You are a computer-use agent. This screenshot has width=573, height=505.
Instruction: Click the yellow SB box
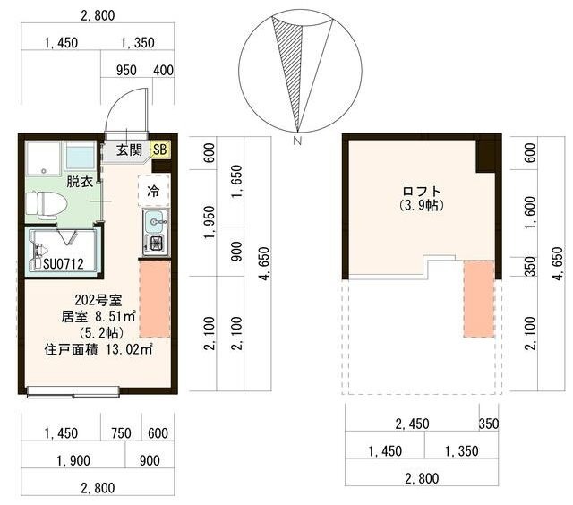pyautogui.click(x=160, y=150)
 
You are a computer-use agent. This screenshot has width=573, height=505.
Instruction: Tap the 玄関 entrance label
pyautogui.click(x=129, y=150)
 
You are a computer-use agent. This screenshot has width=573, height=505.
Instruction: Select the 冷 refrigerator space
pyautogui.click(x=154, y=191)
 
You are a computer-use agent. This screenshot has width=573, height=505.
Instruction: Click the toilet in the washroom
pyautogui.click(x=46, y=204)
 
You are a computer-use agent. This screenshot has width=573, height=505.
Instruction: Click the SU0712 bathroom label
pyautogui.click(x=64, y=263)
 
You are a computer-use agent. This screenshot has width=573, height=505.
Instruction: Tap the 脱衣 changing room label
pyautogui.click(x=79, y=181)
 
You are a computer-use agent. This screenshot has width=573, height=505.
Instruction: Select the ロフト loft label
pyautogui.click(x=422, y=191)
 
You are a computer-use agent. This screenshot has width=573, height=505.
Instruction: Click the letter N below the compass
pyautogui.click(x=297, y=141)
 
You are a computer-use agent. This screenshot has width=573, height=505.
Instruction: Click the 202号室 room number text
pyautogui.click(x=98, y=300)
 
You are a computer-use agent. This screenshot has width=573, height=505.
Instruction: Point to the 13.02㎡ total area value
pyautogui.click(x=129, y=349)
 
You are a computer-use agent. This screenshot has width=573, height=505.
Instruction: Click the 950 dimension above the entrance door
pyautogui.click(x=126, y=70)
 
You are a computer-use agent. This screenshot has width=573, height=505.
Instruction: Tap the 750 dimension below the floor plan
pyautogui.click(x=121, y=433)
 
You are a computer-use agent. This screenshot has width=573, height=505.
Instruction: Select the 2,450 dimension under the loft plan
pyautogui.click(x=412, y=424)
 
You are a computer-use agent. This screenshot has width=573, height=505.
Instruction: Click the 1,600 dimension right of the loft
pyautogui.click(x=530, y=213)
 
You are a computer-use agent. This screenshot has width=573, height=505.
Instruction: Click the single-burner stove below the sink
pyautogui.click(x=157, y=244)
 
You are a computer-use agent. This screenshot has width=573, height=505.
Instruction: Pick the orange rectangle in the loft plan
pyautogui.click(x=479, y=298)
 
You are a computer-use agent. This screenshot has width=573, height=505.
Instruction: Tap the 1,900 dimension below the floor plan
pyautogui.click(x=73, y=461)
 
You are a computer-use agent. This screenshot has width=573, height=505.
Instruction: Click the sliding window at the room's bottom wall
pyautogui.click(x=73, y=391)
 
